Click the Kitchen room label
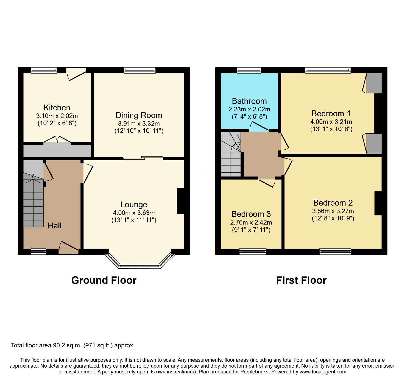point(57,108)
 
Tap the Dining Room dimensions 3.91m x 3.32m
point(139,124)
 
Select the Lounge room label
point(134,205)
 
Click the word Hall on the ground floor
point(55,226)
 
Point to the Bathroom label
point(249,101)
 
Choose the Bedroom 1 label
point(331,113)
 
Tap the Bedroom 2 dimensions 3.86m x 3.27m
point(333,211)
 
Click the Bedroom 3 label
point(251,214)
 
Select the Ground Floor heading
point(104,280)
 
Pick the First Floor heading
point(301,280)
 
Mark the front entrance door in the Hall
point(69,248)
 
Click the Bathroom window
point(249,70)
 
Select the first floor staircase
point(231,154)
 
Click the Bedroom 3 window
point(253,251)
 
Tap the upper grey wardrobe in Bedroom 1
point(374,83)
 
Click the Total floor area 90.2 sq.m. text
point(72,345)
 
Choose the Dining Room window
point(140,70)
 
